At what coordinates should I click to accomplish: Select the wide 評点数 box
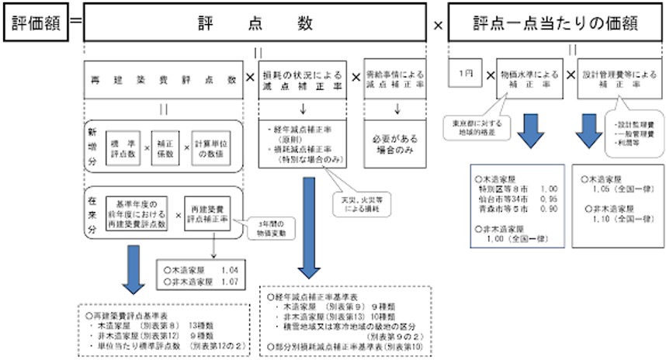click(x=255, y=22)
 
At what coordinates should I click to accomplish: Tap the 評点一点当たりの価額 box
click(x=555, y=22)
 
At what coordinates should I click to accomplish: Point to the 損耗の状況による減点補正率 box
click(x=304, y=78)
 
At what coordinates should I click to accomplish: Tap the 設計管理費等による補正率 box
click(x=619, y=80)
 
